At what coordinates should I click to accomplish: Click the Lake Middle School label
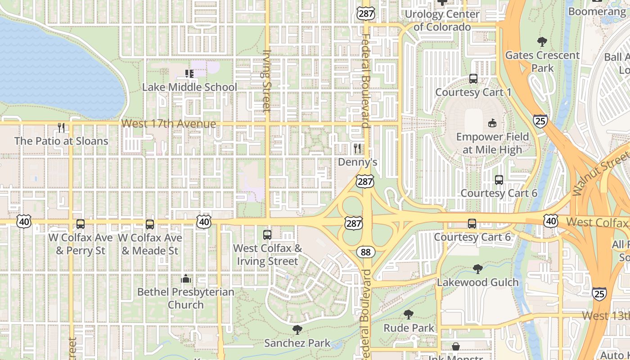(189, 87)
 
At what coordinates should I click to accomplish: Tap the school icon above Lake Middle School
(189, 73)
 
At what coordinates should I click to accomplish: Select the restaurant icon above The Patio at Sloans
(61, 128)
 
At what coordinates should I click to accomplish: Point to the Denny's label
(357, 162)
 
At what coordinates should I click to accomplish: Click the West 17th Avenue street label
(169, 124)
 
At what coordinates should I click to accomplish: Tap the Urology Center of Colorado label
(442, 20)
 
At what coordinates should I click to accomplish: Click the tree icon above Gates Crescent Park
(542, 42)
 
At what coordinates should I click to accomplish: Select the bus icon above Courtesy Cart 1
(473, 79)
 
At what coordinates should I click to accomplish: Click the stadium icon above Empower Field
(492, 123)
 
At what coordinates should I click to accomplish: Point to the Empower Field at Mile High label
(492, 143)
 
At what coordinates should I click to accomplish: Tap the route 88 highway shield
(366, 252)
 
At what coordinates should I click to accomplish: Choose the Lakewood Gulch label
(478, 282)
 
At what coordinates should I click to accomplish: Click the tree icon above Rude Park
(409, 315)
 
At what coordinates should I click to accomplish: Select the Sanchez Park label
(297, 343)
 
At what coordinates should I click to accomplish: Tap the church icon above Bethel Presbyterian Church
(186, 279)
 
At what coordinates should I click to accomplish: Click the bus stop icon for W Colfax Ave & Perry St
(81, 224)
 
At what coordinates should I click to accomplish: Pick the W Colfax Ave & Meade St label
(150, 244)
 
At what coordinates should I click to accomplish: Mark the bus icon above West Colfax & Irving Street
(267, 235)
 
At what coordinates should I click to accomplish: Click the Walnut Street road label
(600, 174)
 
